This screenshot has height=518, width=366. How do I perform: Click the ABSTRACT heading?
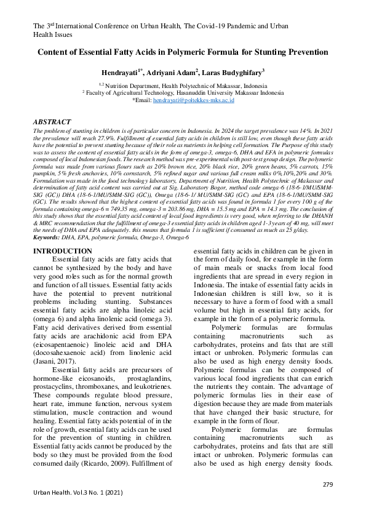click(52, 122)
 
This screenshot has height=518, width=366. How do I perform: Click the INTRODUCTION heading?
click(62, 268)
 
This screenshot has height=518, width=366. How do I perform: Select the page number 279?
click(327, 485)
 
